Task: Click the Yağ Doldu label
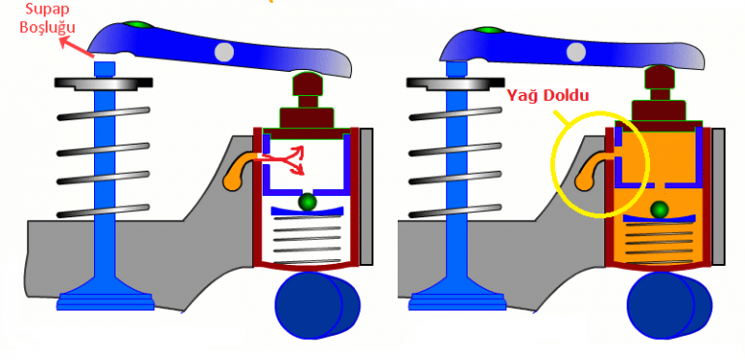[x=547, y=96]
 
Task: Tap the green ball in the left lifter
[x=308, y=202]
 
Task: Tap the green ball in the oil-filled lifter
[x=660, y=210]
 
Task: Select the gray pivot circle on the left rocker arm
[x=224, y=51]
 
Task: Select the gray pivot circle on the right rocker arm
[x=576, y=51]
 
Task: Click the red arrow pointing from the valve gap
[x=74, y=47]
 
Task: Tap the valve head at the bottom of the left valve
[x=105, y=295]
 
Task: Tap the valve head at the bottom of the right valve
[x=457, y=295]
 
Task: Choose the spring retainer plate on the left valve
[x=104, y=82]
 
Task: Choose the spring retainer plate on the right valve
[x=456, y=82]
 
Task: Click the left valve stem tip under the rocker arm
[x=105, y=69]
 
